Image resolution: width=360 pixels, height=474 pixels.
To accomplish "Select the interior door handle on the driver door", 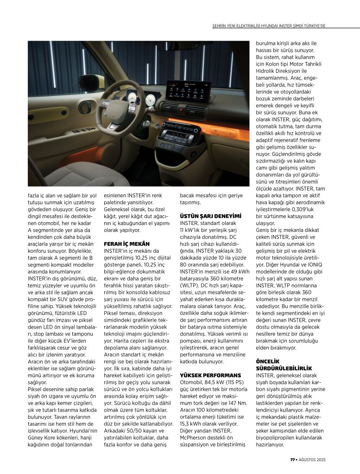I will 85,107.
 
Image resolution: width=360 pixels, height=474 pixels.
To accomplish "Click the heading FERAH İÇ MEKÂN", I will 124,243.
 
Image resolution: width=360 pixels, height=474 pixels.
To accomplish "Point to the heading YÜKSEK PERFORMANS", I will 210,375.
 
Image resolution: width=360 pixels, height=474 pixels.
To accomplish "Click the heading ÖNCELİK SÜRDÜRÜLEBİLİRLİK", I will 284,364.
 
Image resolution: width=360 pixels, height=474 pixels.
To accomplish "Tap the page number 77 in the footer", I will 292,459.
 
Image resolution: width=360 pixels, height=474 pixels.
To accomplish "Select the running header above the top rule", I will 269,26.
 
